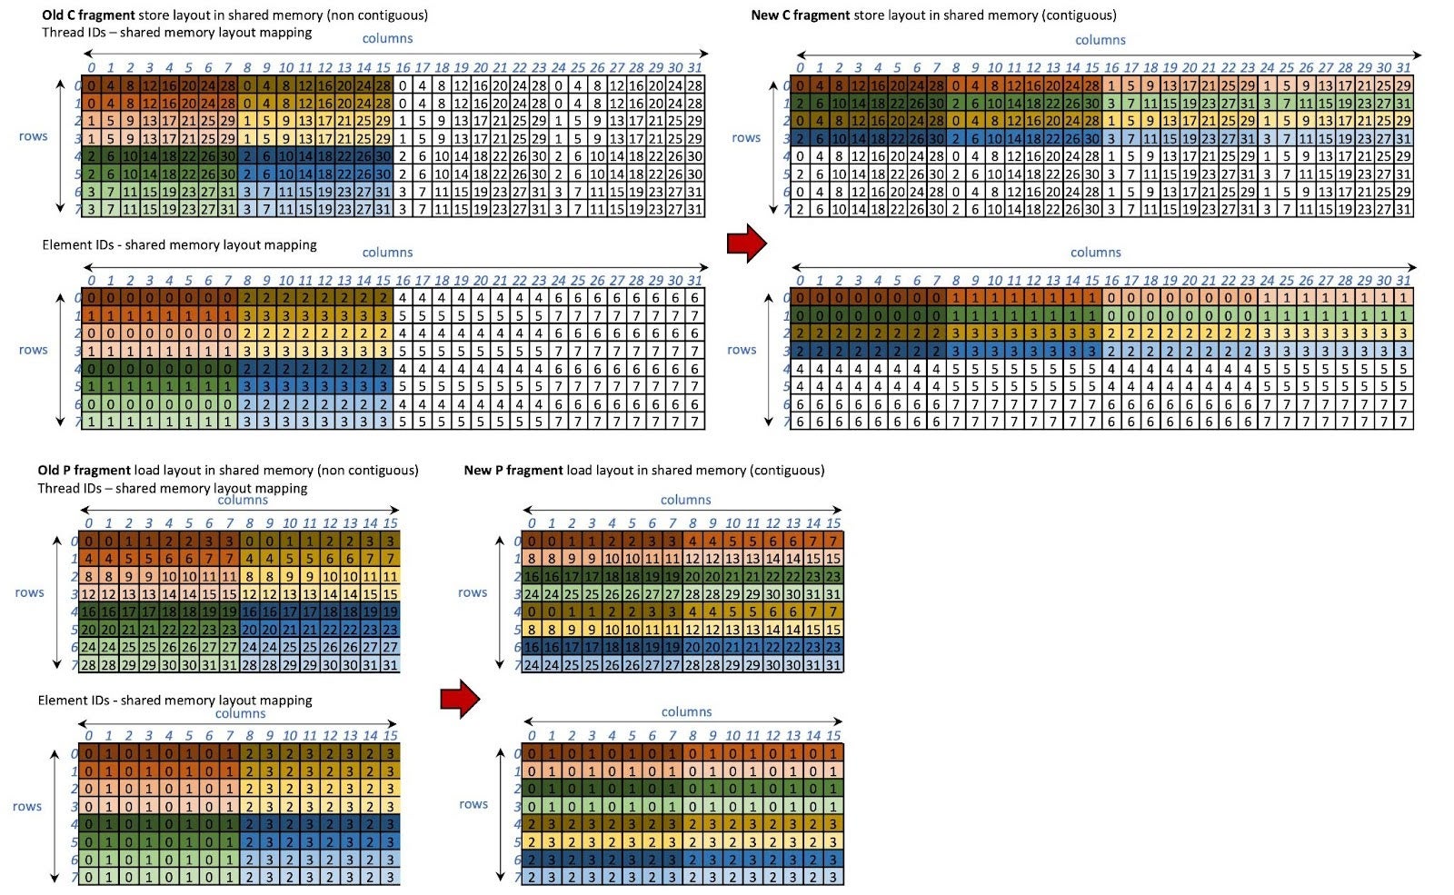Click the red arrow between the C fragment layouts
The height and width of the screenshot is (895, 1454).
pyautogui.click(x=746, y=244)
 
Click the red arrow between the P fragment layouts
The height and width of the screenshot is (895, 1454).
pyautogui.click(x=460, y=699)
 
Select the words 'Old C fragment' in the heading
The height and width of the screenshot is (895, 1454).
pyautogui.click(x=88, y=15)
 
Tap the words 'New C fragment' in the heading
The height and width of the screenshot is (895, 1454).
pyautogui.click(x=800, y=15)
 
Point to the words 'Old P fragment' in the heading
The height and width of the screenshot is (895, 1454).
pyautogui.click(x=84, y=470)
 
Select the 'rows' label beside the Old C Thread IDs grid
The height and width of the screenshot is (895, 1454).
pyautogui.click(x=33, y=136)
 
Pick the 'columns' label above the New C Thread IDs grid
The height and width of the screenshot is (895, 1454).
pyautogui.click(x=1100, y=40)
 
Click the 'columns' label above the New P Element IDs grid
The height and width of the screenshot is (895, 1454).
pyautogui.click(x=686, y=711)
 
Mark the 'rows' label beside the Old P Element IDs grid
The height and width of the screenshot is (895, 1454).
pyautogui.click(x=27, y=806)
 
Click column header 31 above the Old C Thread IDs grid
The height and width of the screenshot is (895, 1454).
pyautogui.click(x=694, y=67)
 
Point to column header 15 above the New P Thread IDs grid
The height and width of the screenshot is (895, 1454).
pyautogui.click(x=833, y=523)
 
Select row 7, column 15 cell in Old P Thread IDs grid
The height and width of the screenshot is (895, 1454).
pyautogui.click(x=390, y=664)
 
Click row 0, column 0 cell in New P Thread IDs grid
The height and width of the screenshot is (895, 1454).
pyautogui.click(x=532, y=541)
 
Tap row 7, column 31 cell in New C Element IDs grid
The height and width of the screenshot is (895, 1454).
pyautogui.click(x=1403, y=422)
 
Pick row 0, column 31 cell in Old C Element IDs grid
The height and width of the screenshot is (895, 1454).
pyautogui.click(x=694, y=297)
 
